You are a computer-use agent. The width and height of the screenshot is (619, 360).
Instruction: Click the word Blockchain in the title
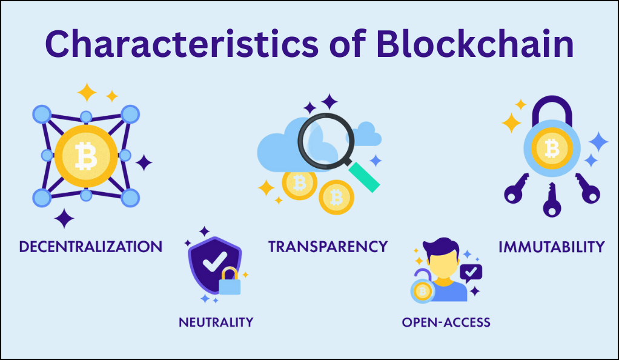(x=474, y=44)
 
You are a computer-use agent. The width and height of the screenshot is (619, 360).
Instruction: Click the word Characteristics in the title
(x=182, y=44)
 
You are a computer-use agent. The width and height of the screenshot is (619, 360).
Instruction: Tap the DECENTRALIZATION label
(x=91, y=247)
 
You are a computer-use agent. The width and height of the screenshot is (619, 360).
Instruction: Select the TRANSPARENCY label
(x=328, y=247)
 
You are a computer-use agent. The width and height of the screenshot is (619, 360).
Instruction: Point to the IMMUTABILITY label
(x=552, y=247)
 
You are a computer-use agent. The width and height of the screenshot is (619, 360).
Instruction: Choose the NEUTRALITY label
(x=216, y=322)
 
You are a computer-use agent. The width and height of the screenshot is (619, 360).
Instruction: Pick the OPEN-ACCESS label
(x=446, y=322)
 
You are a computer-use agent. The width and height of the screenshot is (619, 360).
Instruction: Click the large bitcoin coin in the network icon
(x=86, y=156)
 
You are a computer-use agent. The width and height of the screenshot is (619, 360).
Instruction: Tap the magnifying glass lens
(x=326, y=141)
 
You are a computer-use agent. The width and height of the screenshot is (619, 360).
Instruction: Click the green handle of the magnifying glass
(x=363, y=177)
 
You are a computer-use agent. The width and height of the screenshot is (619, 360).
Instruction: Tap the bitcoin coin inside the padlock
(x=552, y=148)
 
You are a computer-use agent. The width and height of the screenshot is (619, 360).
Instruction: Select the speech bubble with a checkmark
(x=471, y=273)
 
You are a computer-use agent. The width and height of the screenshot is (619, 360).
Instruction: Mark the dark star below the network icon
(x=64, y=219)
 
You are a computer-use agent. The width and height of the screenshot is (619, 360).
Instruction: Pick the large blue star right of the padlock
(x=598, y=141)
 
